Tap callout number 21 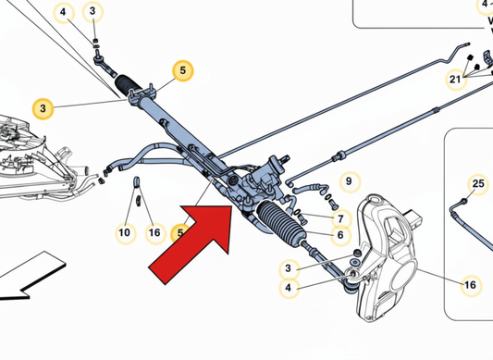click(454, 80)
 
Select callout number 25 click(477, 185)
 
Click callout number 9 click(348, 180)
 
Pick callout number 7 click(340, 219)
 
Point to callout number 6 click(340, 235)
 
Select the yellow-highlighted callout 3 click(43, 107)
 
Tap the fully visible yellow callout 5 click(182, 69)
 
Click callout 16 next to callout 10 click(154, 233)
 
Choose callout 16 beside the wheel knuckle click(470, 285)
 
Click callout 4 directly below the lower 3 click(290, 288)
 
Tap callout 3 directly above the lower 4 click(290, 269)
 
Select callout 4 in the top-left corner click(64, 12)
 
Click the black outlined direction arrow click(18, 282)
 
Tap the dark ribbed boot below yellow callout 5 click(129, 87)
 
